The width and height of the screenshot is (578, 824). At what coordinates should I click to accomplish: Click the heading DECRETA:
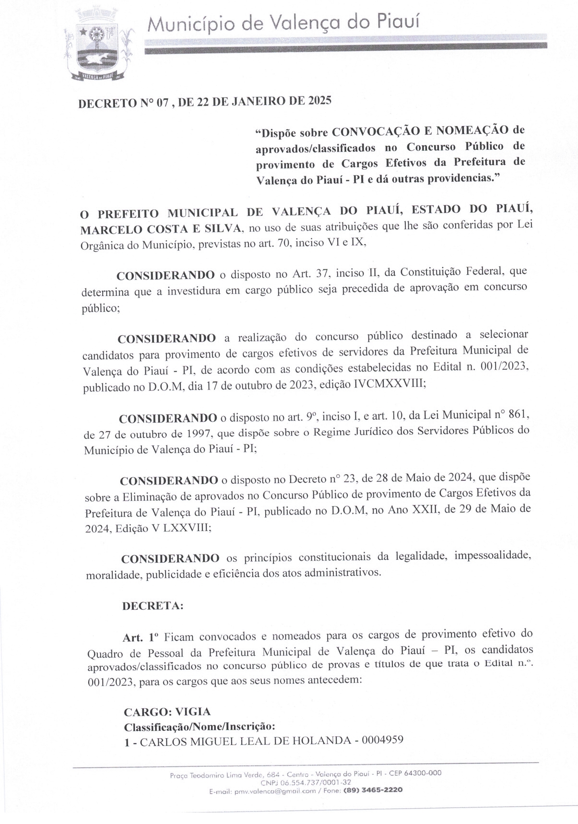[x=153, y=606]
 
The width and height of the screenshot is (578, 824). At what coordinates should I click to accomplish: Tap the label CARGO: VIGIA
[x=167, y=712]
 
